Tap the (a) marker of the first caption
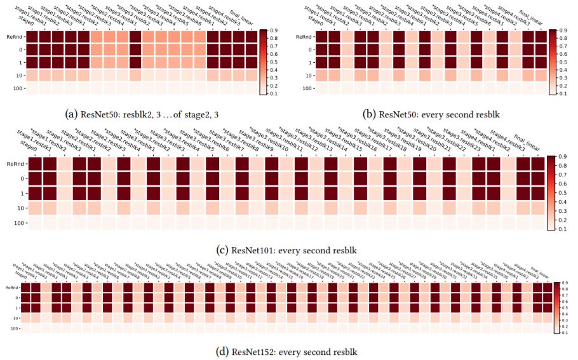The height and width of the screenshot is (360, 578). [x=72, y=114]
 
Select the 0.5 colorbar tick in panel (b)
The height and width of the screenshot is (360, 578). [x=562, y=62]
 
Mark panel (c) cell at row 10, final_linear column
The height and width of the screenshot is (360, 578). [x=537, y=208]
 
